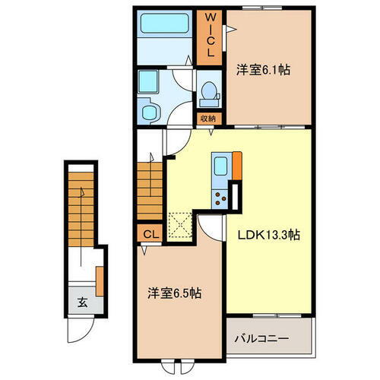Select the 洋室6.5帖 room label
click(x=174, y=293)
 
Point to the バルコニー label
click(x=268, y=335)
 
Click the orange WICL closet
click(x=208, y=36)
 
